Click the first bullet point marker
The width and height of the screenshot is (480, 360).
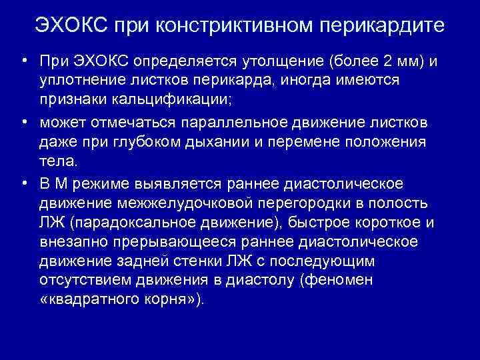point(23,61)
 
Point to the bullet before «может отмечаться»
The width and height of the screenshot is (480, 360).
point(23,122)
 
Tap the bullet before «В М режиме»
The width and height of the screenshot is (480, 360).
point(23,183)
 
